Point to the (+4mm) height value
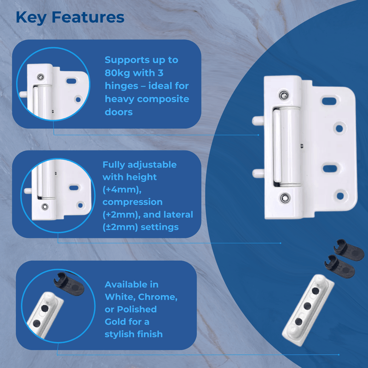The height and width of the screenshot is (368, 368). coord(118,190)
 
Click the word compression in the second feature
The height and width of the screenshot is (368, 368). coord(132,202)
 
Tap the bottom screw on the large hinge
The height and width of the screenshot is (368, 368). coord(286,198)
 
